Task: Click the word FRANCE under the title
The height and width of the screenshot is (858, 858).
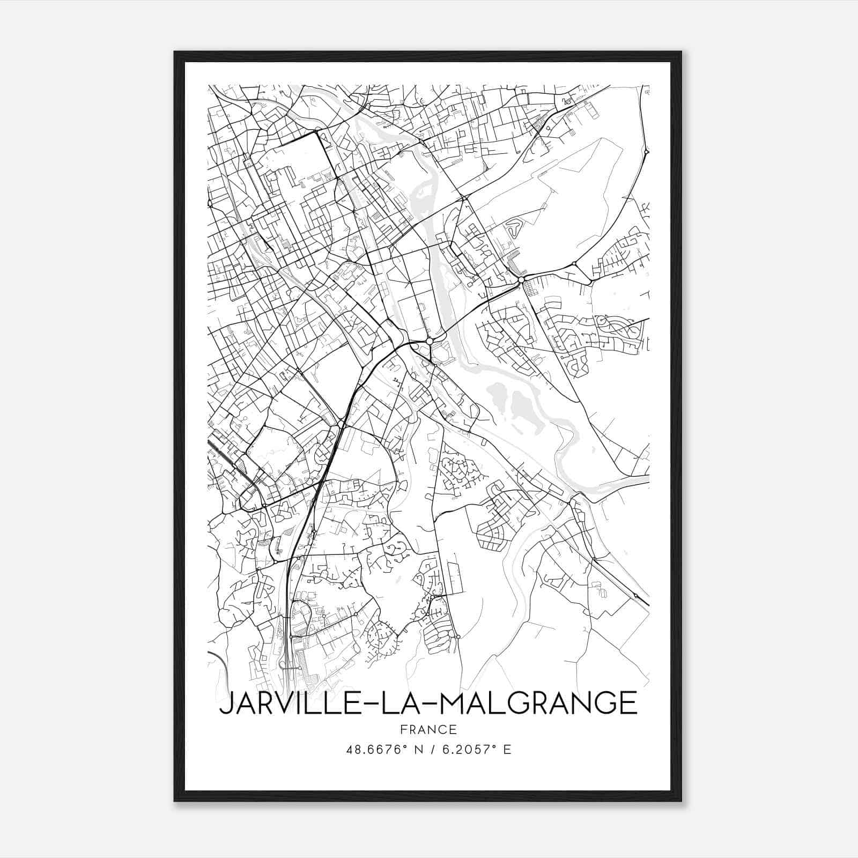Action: point(428,729)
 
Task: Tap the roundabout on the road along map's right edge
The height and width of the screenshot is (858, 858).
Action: point(646,152)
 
